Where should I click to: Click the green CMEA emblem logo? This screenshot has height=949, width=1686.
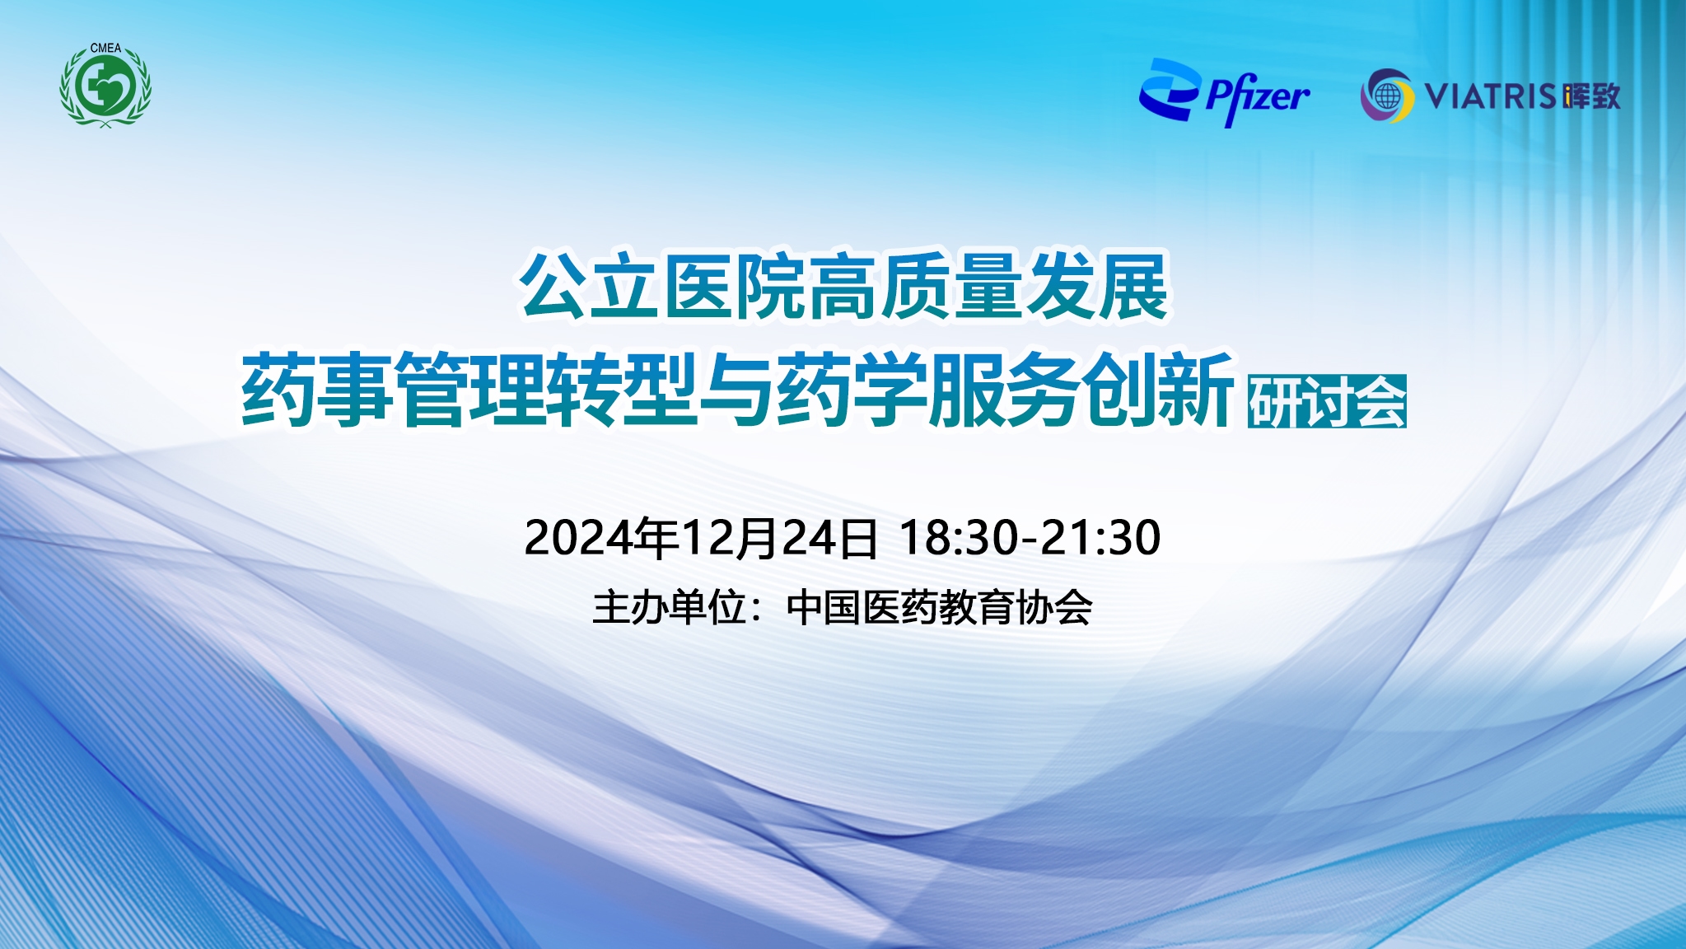tap(105, 86)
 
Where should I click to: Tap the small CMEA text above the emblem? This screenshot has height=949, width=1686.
tap(105, 49)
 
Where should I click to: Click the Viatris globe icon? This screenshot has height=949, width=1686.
tap(1387, 96)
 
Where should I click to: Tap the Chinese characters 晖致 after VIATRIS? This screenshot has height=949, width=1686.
tap(1591, 96)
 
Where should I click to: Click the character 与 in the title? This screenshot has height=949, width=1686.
tap(736, 388)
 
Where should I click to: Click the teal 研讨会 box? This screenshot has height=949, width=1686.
tap(1327, 401)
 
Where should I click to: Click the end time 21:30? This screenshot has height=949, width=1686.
tap(1101, 538)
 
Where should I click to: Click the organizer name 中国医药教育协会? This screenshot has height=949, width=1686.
tap(940, 608)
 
